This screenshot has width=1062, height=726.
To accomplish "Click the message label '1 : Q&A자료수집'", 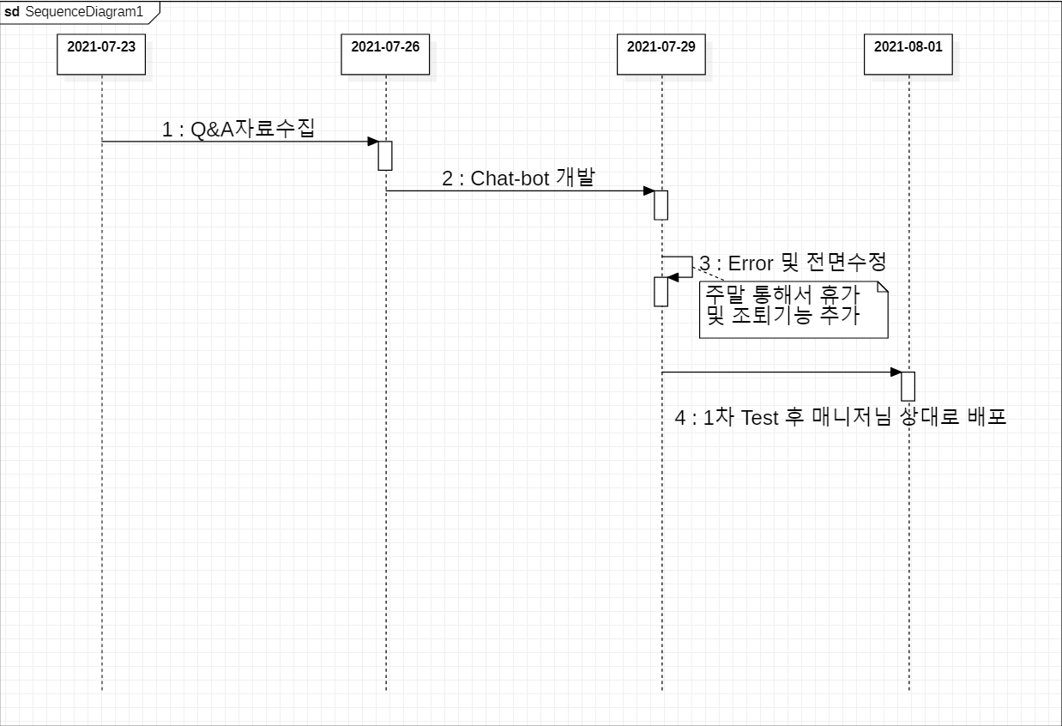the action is [x=238, y=129].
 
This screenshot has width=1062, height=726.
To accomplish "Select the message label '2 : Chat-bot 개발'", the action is [x=517, y=178].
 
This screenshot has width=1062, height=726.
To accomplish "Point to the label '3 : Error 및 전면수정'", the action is [x=793, y=263].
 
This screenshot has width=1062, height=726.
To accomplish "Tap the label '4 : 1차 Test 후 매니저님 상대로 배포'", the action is [x=839, y=418].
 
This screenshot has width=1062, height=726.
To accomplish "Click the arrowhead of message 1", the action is [x=373, y=142].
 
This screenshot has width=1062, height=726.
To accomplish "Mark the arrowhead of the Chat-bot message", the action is [x=649, y=191].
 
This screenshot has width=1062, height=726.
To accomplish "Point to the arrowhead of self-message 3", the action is [x=673, y=277].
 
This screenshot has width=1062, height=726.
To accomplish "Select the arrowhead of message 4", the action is [x=896, y=372].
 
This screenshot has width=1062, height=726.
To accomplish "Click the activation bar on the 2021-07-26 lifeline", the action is [x=385, y=155].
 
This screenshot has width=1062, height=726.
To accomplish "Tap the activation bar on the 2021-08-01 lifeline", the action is [x=908, y=386].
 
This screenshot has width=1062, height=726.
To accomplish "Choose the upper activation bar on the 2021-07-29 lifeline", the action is [x=661, y=205].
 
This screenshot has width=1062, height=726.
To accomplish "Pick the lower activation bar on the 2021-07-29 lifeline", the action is [x=661, y=292].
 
